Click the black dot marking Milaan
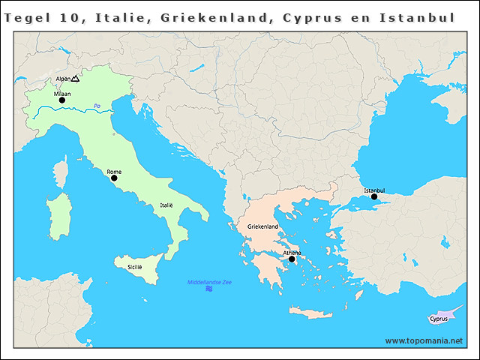62,100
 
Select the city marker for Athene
292,259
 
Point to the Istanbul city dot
374,197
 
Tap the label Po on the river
97,105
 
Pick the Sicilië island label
135,266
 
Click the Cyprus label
439,319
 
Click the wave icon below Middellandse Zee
208,289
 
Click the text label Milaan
62,94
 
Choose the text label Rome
114,172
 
